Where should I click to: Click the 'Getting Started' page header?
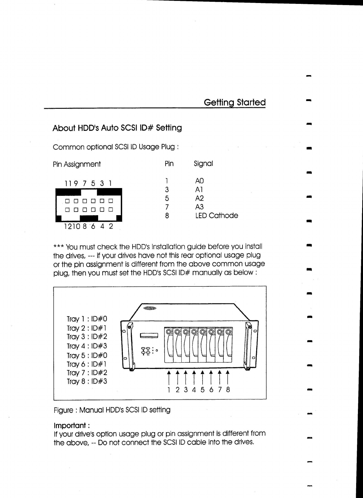tap(234, 102)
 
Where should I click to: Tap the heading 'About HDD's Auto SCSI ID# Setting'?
tap(117, 128)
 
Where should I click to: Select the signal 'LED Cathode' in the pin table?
tap(217, 215)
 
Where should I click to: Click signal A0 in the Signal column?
tap(199, 181)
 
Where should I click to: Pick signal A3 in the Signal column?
tap(199, 207)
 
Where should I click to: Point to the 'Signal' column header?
tap(203, 164)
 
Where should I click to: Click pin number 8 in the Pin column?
tap(167, 215)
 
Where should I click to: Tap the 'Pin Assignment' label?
tap(77, 164)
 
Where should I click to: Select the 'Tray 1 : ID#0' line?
tap(87, 319)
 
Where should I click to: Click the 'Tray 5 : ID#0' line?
tap(87, 356)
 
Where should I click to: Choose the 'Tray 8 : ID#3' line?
tap(87, 381)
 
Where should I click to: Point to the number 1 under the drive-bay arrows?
tap(169, 390)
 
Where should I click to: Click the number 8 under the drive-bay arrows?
tap(228, 390)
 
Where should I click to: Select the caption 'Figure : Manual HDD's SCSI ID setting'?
tap(112, 410)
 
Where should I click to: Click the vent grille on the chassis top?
tap(150, 308)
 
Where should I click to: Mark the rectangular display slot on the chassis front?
tap(149, 336)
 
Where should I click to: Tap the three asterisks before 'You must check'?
tap(58, 247)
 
